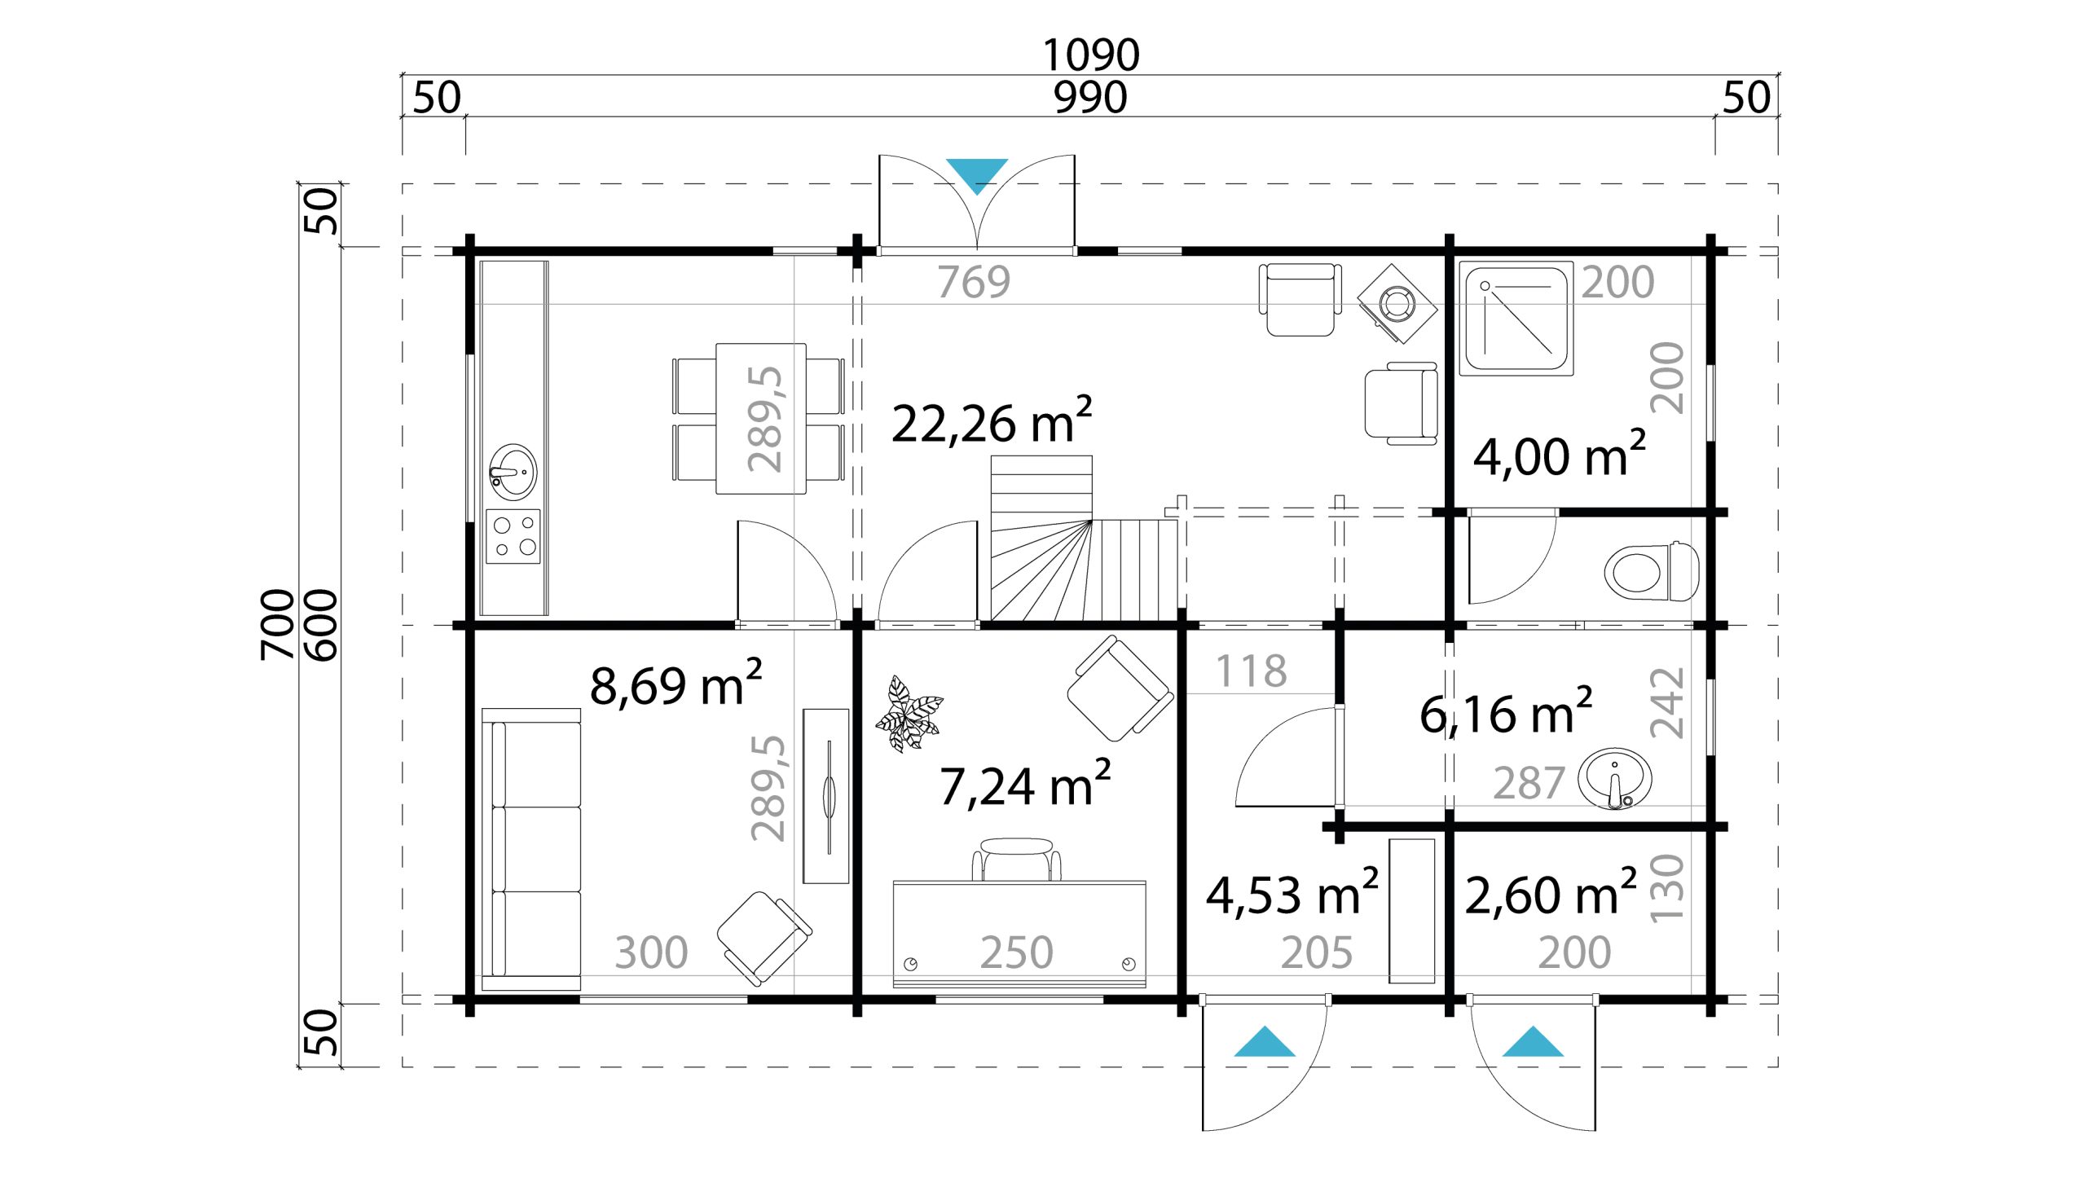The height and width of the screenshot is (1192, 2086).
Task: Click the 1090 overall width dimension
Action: click(x=1090, y=55)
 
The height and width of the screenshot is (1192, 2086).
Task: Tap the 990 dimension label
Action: click(x=1090, y=99)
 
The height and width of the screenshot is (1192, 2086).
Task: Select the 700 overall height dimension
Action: click(x=278, y=625)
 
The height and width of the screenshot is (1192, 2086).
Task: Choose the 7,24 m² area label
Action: click(x=1025, y=784)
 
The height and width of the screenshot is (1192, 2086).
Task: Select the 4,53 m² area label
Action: click(x=1292, y=892)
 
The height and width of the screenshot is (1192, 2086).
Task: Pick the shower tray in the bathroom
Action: click(x=1516, y=319)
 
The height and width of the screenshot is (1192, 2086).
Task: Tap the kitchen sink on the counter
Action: click(x=513, y=473)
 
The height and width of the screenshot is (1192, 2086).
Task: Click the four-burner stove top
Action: click(x=513, y=536)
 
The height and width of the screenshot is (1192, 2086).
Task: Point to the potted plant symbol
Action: click(x=909, y=714)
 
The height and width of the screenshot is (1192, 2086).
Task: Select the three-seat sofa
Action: click(x=531, y=850)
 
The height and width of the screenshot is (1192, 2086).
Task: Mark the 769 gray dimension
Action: click(x=974, y=282)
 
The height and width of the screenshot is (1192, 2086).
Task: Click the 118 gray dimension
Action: click(x=1251, y=671)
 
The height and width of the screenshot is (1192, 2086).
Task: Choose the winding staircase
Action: click(x=1083, y=539)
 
